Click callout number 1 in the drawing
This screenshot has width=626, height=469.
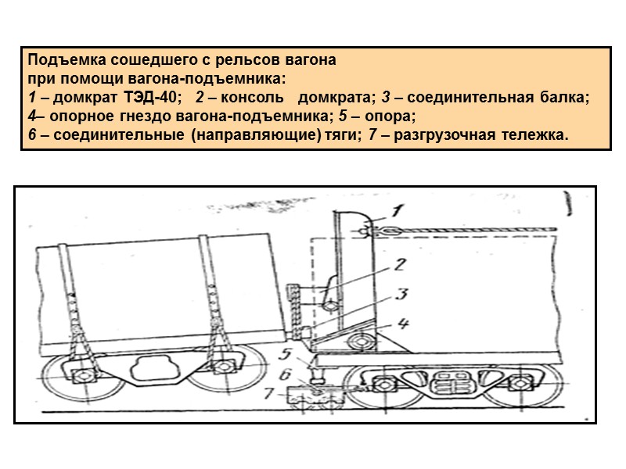pos(398,209)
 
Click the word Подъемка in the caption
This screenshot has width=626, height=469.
pos(56,60)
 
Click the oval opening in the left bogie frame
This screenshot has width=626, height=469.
pos(153,368)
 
